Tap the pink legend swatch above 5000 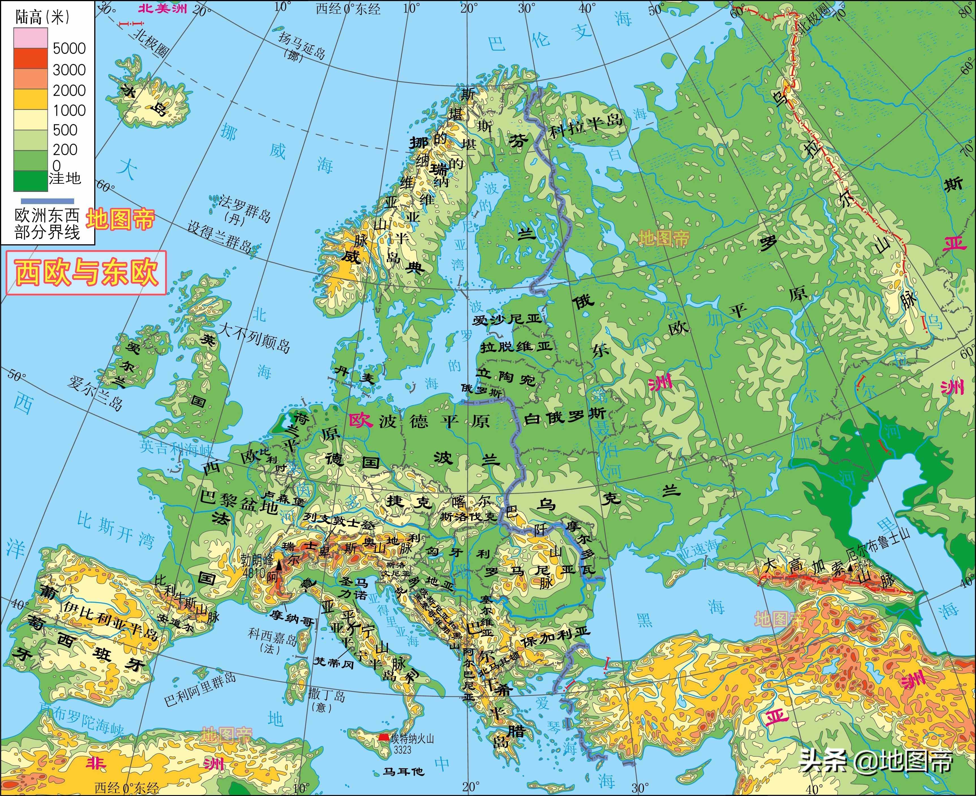point(30,38)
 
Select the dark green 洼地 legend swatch point(30,181)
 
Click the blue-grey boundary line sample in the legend point(47,201)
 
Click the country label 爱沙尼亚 point(507,319)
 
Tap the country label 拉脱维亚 point(516,347)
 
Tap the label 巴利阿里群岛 point(200,689)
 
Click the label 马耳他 point(404,772)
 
